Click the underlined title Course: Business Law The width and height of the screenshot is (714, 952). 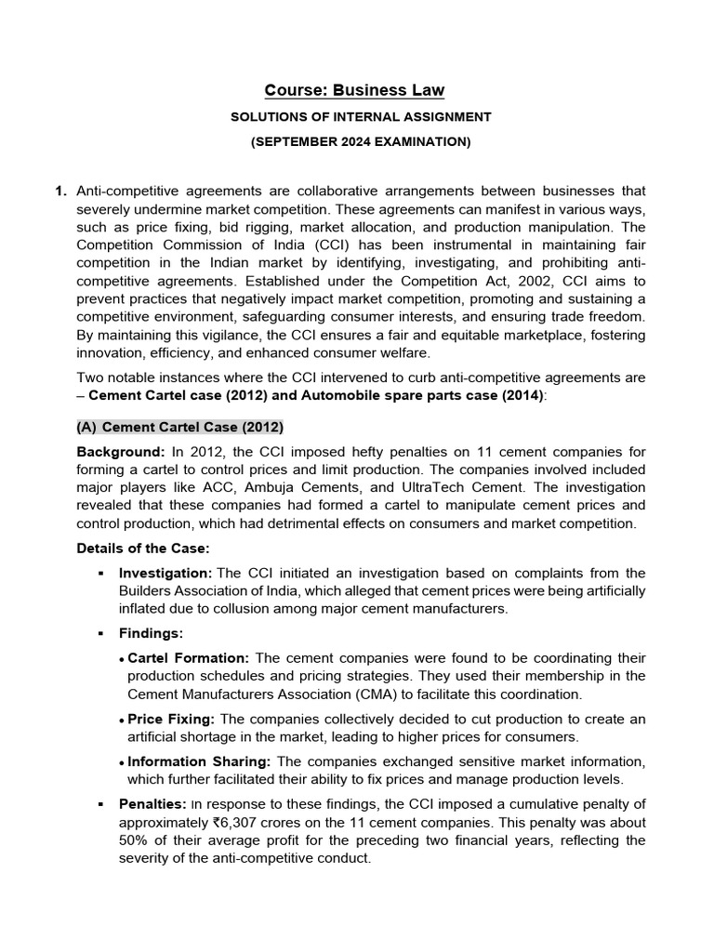(354, 90)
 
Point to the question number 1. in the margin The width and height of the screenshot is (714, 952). (60, 192)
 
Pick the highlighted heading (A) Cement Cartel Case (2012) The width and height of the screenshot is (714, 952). (178, 427)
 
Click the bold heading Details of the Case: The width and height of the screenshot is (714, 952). (142, 548)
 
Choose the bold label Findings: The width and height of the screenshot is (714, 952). (151, 633)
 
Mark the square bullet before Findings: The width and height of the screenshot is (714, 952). (99, 634)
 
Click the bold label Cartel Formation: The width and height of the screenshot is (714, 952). (188, 658)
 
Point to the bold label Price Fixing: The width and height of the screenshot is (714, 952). (170, 720)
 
